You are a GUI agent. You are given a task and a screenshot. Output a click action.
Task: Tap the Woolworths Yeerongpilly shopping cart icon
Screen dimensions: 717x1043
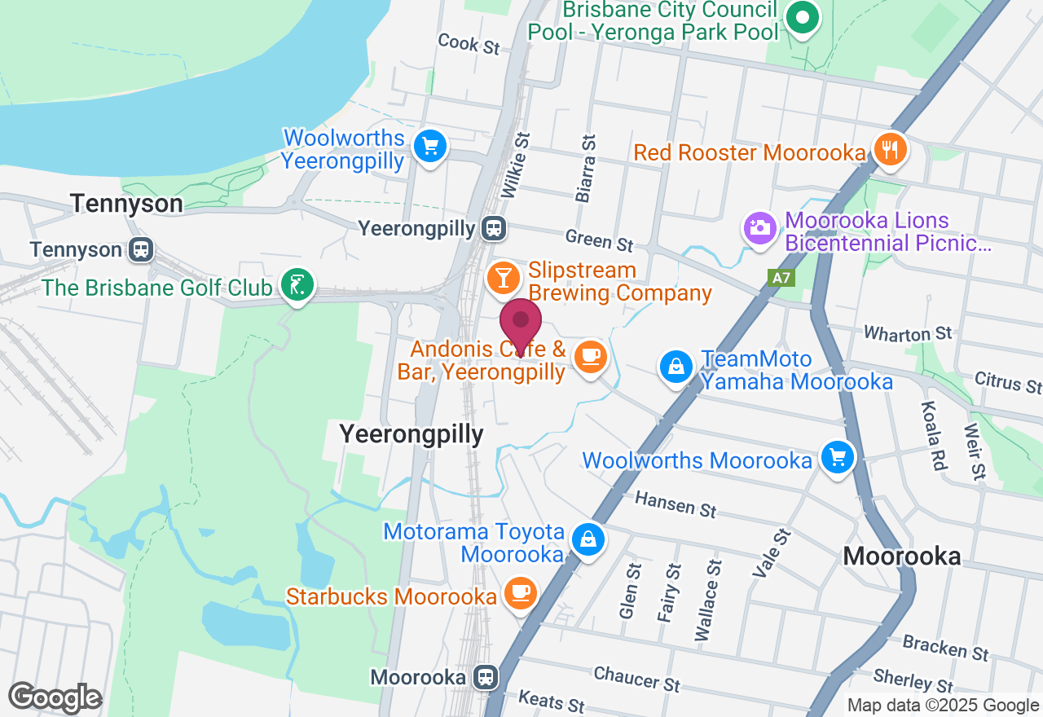point(429,147)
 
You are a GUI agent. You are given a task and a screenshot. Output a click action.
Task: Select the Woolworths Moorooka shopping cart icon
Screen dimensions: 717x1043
point(837,457)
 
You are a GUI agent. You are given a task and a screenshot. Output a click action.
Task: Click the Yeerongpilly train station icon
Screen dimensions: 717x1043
point(493,229)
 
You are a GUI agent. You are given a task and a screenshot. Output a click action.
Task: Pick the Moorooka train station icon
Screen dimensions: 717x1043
point(486,677)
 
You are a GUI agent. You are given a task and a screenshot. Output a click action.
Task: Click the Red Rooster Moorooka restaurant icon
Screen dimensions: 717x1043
point(889,150)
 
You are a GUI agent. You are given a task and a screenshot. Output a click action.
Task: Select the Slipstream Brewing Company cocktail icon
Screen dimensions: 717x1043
point(504,278)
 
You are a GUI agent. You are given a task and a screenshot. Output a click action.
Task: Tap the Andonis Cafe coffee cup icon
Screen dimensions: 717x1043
point(590,356)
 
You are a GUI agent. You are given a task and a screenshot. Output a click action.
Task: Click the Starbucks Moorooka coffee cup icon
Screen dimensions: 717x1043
point(520,593)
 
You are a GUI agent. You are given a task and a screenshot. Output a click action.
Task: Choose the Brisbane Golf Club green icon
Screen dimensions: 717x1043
point(297,285)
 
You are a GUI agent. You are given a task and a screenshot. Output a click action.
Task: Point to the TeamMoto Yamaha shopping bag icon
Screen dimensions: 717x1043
point(676,367)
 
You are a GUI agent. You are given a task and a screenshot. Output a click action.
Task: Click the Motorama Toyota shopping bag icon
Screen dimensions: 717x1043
point(588,539)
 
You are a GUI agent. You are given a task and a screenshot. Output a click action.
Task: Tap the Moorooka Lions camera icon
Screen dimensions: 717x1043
point(759,227)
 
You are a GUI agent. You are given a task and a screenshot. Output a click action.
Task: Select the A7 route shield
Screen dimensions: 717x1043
point(781,278)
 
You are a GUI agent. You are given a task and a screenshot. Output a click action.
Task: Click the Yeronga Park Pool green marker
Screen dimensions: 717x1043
point(802,18)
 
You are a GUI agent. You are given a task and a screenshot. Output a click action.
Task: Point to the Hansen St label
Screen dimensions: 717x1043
point(675,504)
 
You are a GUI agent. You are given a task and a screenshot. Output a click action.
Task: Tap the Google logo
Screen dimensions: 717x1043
point(55,697)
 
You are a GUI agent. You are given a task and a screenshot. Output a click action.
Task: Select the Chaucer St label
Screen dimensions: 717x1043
point(636,678)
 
